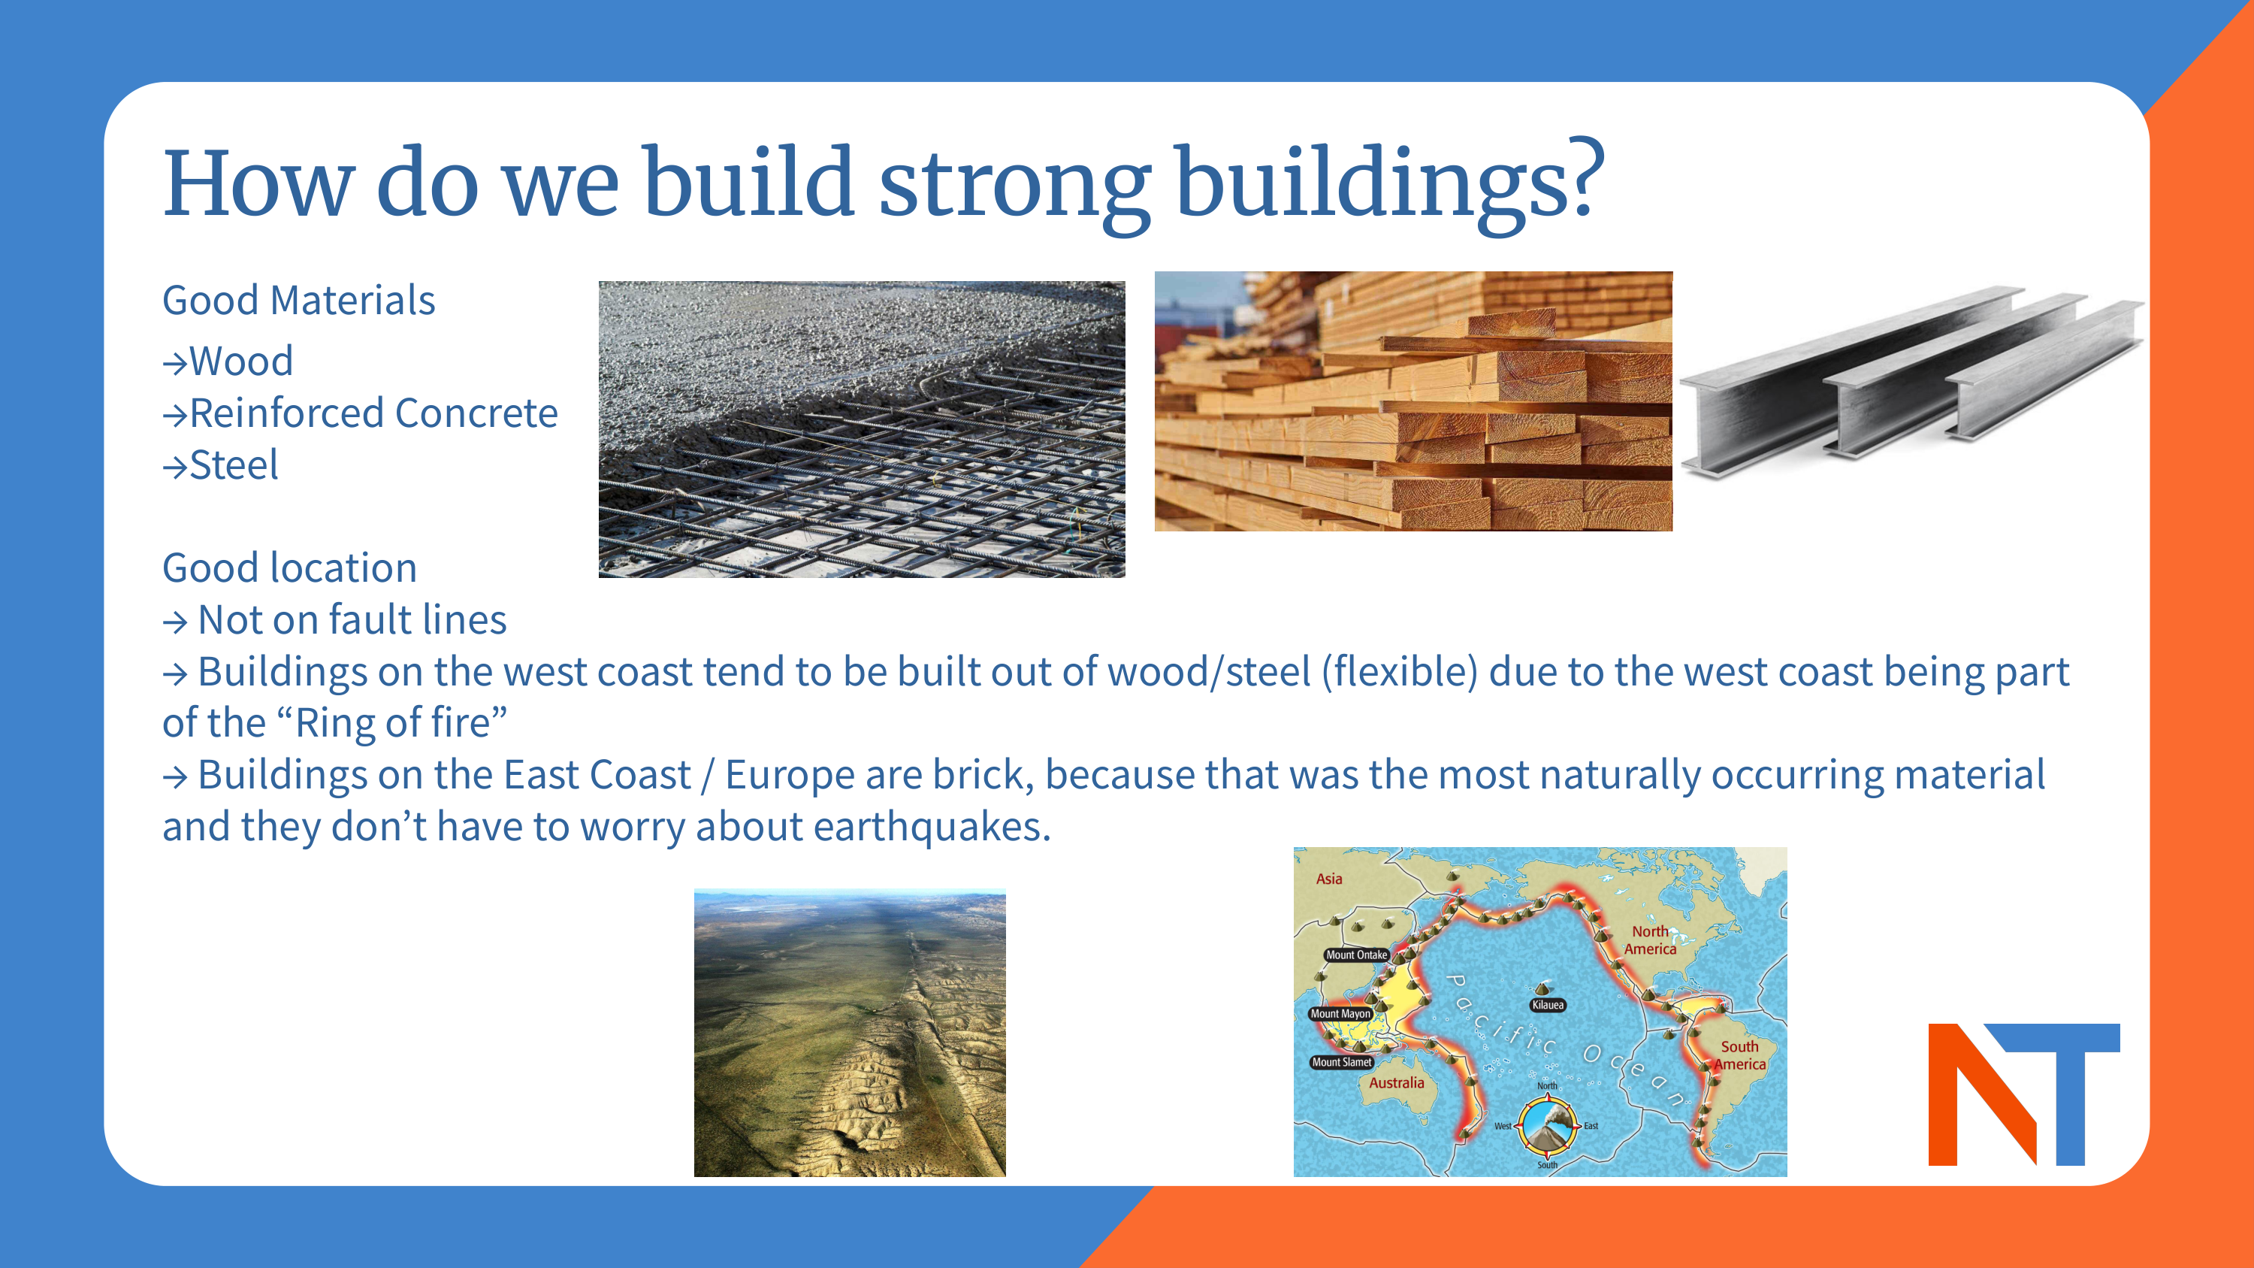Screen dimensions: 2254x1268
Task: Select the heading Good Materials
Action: tap(298, 300)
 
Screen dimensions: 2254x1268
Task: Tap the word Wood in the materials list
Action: tap(241, 362)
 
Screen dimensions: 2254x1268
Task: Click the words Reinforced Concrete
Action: tap(373, 413)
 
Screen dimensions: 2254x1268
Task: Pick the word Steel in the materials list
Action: tap(234, 465)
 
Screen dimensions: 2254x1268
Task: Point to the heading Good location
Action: tap(289, 568)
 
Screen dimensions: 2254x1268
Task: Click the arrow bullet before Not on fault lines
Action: tap(175, 622)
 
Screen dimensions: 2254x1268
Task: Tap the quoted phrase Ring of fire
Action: tap(392, 724)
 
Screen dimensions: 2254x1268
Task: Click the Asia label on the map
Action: tap(1329, 879)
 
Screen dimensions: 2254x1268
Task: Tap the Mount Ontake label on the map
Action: tap(1356, 955)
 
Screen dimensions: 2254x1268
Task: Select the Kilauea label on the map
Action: tap(1547, 1005)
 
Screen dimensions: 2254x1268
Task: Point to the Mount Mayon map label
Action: tap(1340, 1013)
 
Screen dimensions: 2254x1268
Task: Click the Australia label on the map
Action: tap(1397, 1082)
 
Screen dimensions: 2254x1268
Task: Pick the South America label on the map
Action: tap(1739, 1055)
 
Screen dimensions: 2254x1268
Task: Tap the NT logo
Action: tap(2024, 1094)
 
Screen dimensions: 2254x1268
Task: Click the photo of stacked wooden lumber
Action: tap(1413, 401)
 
